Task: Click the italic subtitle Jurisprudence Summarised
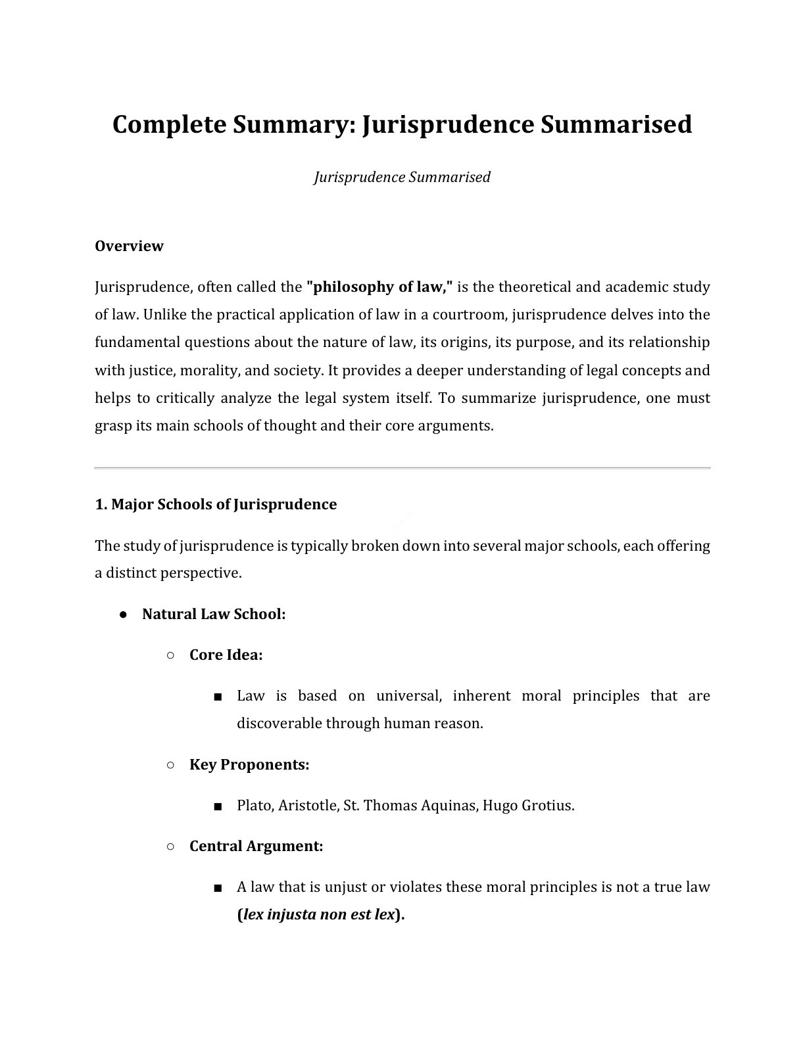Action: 402,177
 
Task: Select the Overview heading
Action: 129,246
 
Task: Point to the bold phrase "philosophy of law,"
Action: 380,287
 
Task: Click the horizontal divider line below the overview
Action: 402,468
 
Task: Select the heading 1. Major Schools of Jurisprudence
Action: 216,505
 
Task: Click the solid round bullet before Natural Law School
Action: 123,614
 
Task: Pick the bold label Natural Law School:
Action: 214,614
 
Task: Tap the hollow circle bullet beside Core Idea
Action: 170,655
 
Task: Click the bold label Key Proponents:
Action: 249,765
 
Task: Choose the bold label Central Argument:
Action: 256,846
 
